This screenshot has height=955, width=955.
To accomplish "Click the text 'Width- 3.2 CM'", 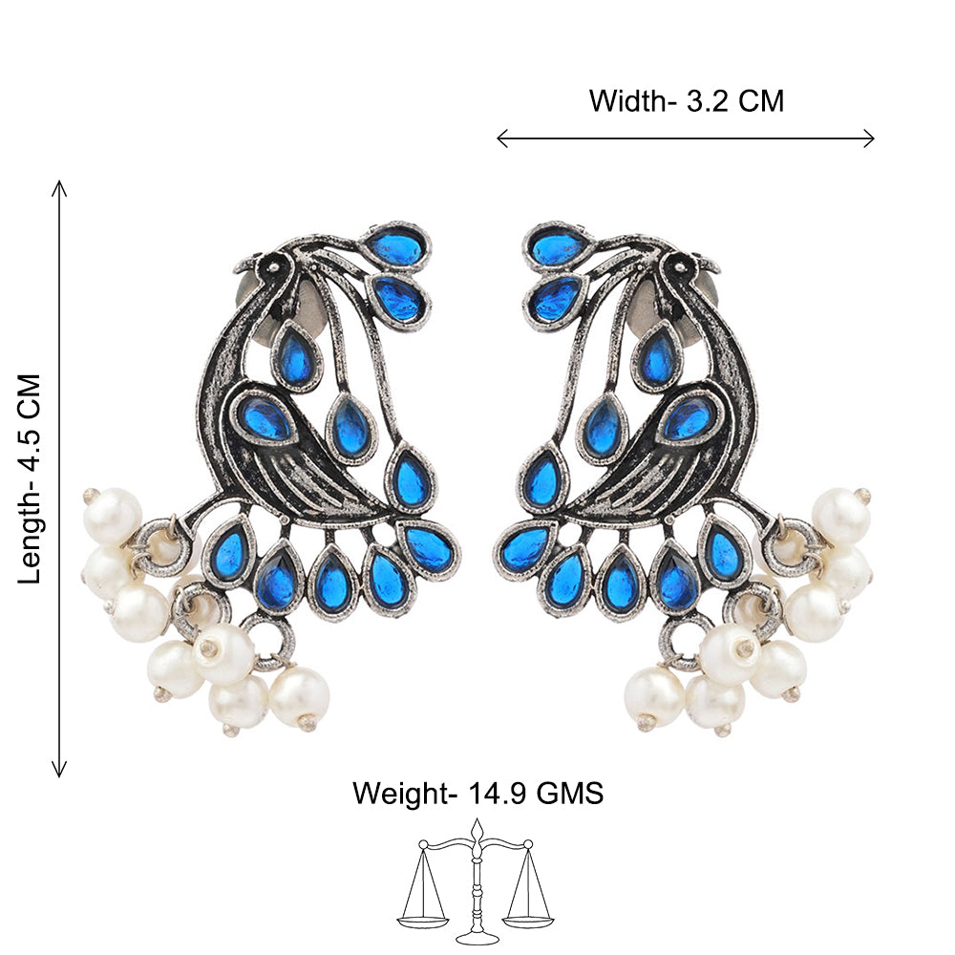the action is click(x=686, y=101).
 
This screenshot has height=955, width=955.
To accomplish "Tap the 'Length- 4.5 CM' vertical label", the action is click(x=30, y=478).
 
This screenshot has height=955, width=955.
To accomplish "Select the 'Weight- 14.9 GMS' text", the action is click(x=478, y=793).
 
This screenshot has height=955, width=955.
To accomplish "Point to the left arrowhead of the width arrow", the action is click(x=502, y=138).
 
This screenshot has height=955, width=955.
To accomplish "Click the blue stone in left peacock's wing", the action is click(x=265, y=417).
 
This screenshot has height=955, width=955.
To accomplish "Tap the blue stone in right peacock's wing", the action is click(x=690, y=417).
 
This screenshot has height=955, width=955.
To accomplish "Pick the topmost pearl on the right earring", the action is click(x=841, y=515).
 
